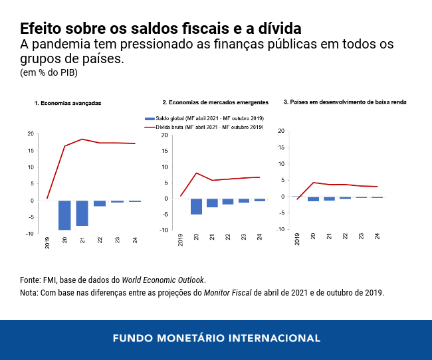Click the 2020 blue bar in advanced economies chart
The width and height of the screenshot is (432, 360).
coord(64,215)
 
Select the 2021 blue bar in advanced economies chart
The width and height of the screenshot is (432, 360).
coord(82,213)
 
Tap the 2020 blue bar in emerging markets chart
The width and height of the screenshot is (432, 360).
coord(197,207)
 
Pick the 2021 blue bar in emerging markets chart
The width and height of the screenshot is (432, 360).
coord(212,203)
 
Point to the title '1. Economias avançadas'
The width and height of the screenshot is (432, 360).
coord(68,104)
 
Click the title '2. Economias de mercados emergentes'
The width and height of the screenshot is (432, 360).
coord(215,102)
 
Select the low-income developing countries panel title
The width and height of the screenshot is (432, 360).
coord(345,102)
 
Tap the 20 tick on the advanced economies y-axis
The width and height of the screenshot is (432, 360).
coord(30,134)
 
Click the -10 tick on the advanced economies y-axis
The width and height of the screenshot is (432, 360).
coord(29,234)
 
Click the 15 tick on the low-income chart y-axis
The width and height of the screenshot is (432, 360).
coord(280,147)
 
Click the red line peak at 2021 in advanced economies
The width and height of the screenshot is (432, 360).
coord(82,139)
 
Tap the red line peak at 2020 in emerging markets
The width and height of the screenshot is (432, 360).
coord(197,173)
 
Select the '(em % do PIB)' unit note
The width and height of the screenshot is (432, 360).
coord(49,72)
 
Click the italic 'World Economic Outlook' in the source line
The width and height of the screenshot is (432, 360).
coord(163,280)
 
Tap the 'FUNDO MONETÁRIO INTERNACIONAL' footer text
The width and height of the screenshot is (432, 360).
coord(216,338)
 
